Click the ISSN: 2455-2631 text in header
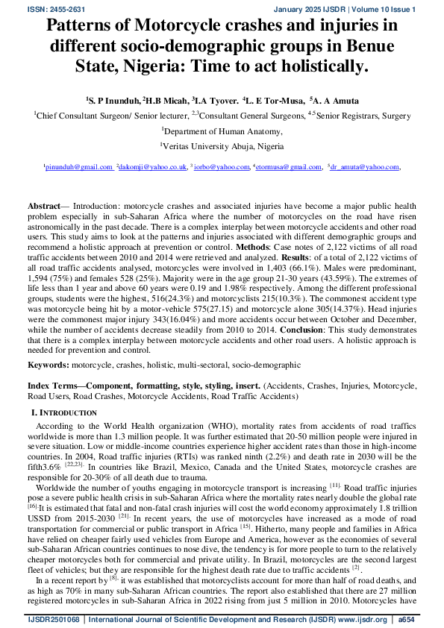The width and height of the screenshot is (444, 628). click(x=34, y=8)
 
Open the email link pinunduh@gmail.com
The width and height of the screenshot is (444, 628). click(x=78, y=167)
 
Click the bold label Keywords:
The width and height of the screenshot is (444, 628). click(x=49, y=365)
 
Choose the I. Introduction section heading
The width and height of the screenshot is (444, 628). click(x=63, y=412)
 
